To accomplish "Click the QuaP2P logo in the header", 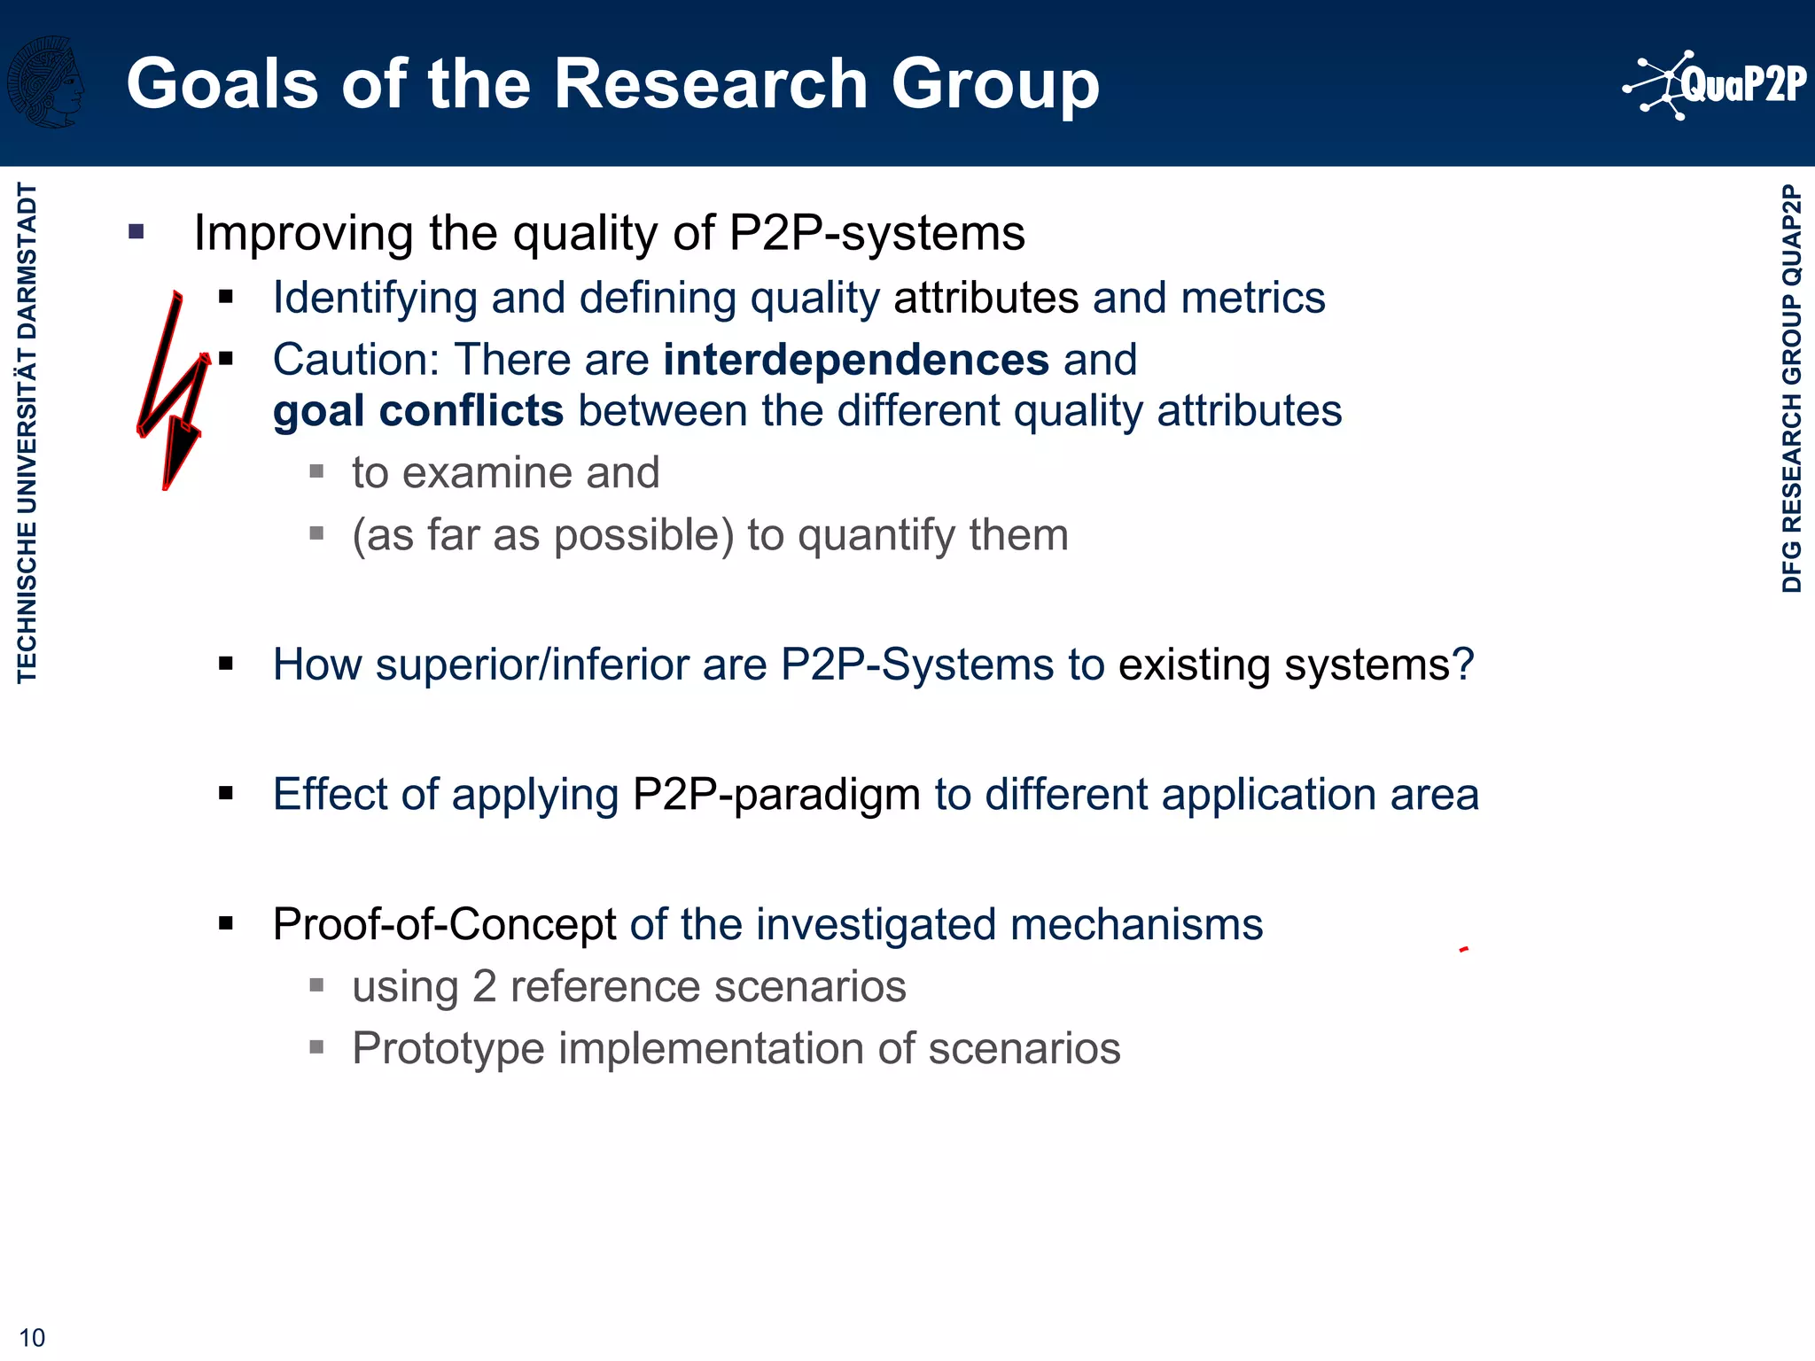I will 1715,84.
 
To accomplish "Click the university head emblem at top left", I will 46,82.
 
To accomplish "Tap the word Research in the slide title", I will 710,84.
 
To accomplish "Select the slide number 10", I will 32,1337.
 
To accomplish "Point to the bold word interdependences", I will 856,360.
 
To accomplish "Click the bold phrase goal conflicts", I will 418,411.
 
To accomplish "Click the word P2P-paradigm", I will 776,794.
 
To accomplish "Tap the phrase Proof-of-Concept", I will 444,924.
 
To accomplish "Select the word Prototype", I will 448,1048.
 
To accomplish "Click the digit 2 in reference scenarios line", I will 484,986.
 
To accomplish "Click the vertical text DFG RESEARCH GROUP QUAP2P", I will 1791,388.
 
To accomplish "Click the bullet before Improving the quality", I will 136,232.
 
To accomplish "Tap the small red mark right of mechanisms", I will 1464,949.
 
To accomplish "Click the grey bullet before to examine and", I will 316,471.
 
